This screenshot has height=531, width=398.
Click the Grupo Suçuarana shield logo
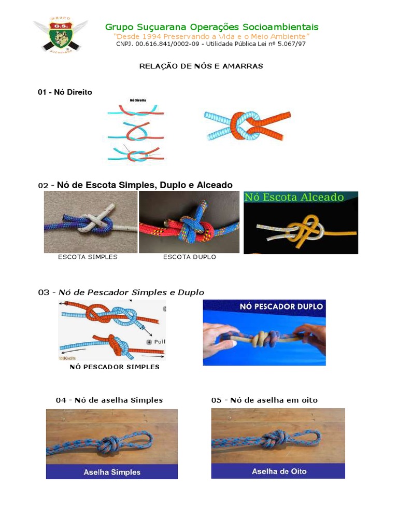tap(60, 35)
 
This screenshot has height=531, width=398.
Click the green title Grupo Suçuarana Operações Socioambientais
tap(211, 27)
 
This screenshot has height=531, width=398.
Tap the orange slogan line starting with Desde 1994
tap(211, 37)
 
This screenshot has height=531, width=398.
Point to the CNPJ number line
tap(211, 45)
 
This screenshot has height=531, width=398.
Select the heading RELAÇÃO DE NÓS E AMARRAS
tap(202, 66)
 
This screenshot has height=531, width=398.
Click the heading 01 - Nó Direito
tap(65, 92)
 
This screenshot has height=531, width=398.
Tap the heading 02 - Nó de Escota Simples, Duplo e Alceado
tap(135, 185)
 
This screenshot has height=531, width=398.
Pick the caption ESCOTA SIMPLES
tap(88, 257)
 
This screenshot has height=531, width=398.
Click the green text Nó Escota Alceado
tap(294, 197)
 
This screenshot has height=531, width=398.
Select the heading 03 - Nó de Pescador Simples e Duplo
tap(121, 292)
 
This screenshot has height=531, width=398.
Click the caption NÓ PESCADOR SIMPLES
tap(115, 367)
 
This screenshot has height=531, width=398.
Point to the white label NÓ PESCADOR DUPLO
tap(281, 306)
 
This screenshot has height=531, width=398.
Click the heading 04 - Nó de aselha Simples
tap(109, 400)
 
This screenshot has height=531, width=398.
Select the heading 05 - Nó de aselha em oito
tap(264, 400)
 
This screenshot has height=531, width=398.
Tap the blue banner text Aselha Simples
tap(112, 472)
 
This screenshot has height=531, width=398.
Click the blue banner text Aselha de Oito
tap(279, 471)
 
